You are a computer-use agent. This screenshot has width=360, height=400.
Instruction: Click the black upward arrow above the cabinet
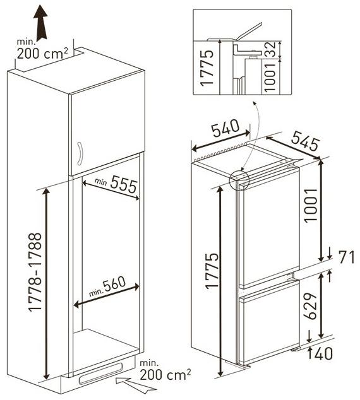click(40, 23)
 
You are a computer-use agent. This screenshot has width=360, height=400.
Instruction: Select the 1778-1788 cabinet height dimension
click(35, 272)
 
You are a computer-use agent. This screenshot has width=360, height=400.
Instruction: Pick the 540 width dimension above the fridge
click(225, 128)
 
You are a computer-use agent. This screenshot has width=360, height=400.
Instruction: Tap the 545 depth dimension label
click(305, 141)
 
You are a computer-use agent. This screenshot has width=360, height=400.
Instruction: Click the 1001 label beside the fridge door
click(311, 205)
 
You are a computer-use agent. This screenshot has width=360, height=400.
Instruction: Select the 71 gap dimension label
click(347, 257)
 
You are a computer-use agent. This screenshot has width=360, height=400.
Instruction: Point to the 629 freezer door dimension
click(310, 306)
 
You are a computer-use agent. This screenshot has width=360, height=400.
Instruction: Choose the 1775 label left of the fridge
click(212, 271)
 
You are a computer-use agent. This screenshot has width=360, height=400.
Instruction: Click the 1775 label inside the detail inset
click(207, 68)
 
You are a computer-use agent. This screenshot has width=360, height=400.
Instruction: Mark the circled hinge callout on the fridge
click(239, 180)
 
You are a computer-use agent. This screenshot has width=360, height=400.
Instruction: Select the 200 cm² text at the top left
click(43, 54)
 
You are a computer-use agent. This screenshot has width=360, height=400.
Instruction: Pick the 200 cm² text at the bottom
click(165, 374)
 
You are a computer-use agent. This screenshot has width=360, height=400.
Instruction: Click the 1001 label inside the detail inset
click(270, 78)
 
